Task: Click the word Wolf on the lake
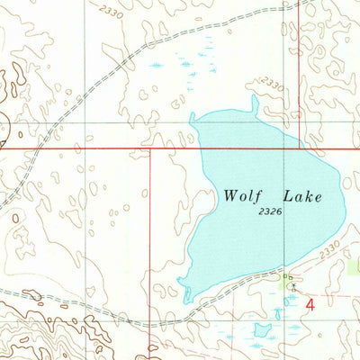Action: point(244,195)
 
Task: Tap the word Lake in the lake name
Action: point(303,195)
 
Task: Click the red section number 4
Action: point(310,305)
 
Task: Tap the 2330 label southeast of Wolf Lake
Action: point(329,245)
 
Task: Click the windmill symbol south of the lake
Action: point(292,287)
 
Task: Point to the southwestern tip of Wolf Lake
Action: point(184,296)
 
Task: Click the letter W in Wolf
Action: point(231,195)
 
